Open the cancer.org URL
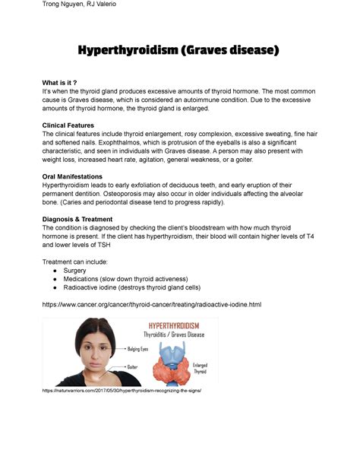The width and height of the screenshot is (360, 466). pyautogui.click(x=152, y=305)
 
